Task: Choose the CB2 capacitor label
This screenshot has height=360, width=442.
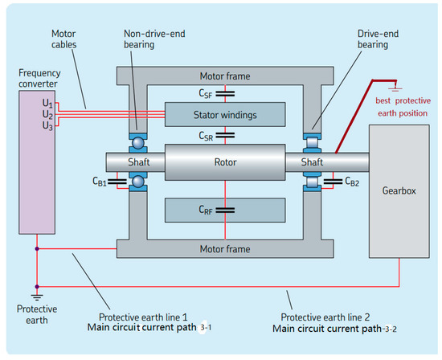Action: pyautogui.click(x=351, y=182)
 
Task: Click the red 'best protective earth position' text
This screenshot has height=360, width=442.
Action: pyautogui.click(x=407, y=108)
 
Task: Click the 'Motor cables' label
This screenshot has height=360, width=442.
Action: pyautogui.click(x=65, y=40)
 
